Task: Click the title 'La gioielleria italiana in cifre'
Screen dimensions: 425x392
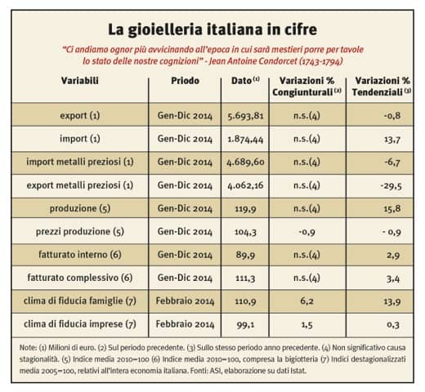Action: click(x=212, y=30)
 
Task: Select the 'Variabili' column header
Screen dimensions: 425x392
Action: click(x=80, y=81)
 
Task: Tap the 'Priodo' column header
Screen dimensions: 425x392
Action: click(x=185, y=81)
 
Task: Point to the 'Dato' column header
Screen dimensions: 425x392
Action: click(x=241, y=81)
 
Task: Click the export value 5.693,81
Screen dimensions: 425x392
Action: click(x=245, y=116)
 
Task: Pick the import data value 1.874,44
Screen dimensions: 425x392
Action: click(x=245, y=139)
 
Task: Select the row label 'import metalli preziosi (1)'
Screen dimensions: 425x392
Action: click(x=80, y=162)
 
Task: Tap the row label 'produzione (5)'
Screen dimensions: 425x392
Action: click(x=80, y=208)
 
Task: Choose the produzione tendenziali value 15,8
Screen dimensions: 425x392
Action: click(x=392, y=209)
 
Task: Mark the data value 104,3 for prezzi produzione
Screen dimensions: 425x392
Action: click(x=245, y=232)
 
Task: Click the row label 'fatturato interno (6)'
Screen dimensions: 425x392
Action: click(x=80, y=255)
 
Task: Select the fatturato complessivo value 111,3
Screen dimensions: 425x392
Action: click(x=245, y=278)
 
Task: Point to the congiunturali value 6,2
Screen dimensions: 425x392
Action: click(x=306, y=301)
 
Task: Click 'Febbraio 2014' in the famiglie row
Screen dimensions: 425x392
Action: click(x=185, y=301)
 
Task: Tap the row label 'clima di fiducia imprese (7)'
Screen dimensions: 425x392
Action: click(x=80, y=324)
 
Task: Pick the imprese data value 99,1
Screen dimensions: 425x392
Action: click(x=245, y=325)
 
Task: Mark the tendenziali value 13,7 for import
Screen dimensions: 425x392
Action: click(x=392, y=140)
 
